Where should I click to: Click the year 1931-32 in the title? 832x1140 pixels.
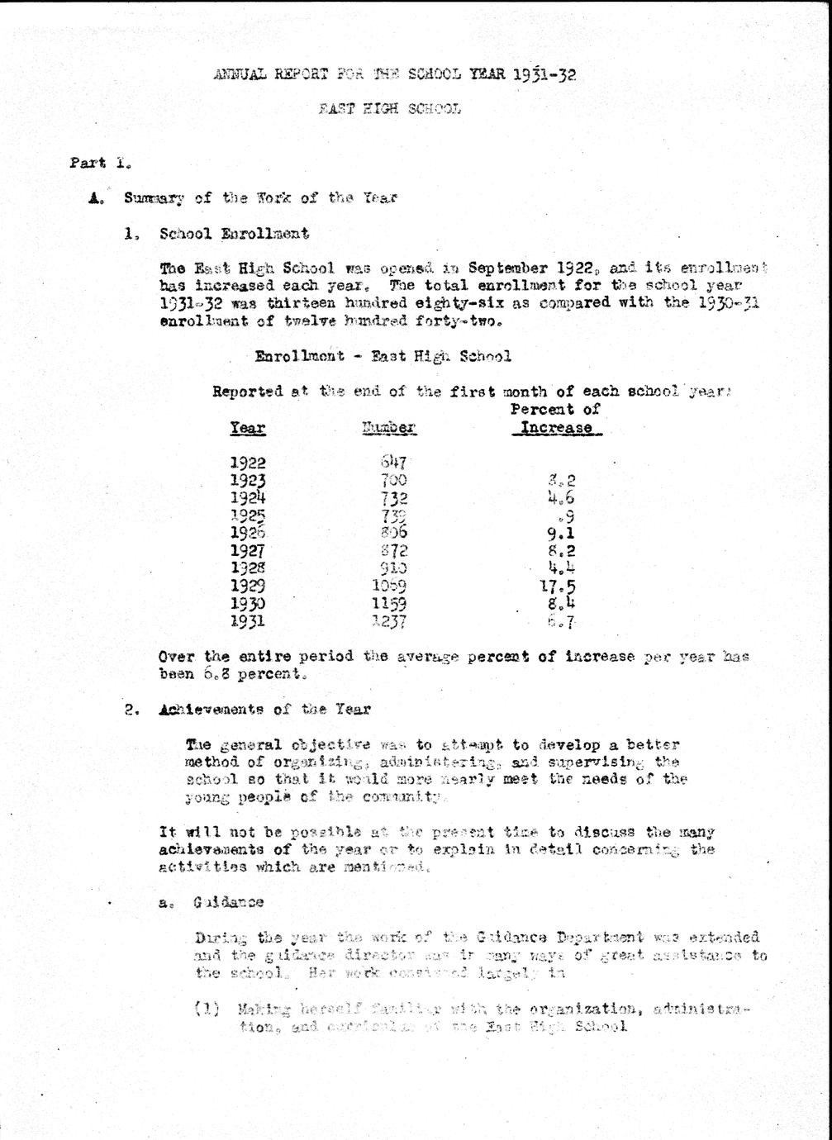[544, 75]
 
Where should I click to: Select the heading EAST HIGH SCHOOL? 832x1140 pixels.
[389, 108]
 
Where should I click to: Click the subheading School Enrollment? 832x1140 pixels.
[234, 234]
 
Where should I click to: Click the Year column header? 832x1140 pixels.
[247, 428]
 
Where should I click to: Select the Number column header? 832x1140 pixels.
[388, 428]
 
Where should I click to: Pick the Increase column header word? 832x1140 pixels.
[556, 428]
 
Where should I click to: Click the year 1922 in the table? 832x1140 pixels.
[247, 463]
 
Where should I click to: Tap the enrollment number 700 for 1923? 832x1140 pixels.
[394, 480]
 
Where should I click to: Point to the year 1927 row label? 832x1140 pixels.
[247, 551]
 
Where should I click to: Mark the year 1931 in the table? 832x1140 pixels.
[247, 621]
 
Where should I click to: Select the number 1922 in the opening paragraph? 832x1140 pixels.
[575, 268]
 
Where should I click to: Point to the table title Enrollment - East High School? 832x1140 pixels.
[383, 357]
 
